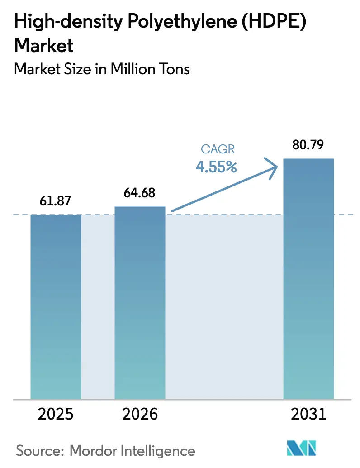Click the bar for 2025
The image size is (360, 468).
pyautogui.click(x=56, y=306)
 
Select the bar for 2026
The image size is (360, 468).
pyautogui.click(x=140, y=302)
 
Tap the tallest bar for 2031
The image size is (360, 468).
pyautogui.click(x=308, y=278)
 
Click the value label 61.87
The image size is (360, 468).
pyautogui.click(x=56, y=201)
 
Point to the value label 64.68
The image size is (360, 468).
pyautogui.click(x=140, y=193)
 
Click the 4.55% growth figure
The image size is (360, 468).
pyautogui.click(x=216, y=167)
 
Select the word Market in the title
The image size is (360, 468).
pyautogui.click(x=44, y=45)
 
